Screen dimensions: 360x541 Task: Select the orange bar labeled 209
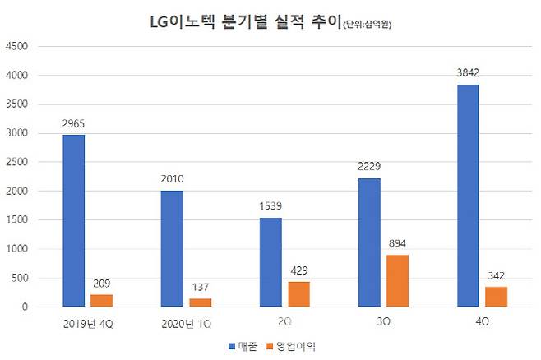click(102, 301)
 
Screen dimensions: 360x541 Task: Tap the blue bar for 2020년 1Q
click(171, 248)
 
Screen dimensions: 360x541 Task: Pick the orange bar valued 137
click(201, 302)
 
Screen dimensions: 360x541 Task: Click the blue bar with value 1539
click(270, 262)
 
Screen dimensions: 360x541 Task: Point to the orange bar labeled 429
click(299, 294)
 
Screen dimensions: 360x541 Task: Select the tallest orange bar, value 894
click(398, 281)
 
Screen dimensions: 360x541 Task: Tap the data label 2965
click(72, 124)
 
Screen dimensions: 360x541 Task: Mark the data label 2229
click(368, 167)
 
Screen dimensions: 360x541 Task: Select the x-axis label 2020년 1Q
click(186, 323)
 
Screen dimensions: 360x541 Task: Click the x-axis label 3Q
click(383, 323)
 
